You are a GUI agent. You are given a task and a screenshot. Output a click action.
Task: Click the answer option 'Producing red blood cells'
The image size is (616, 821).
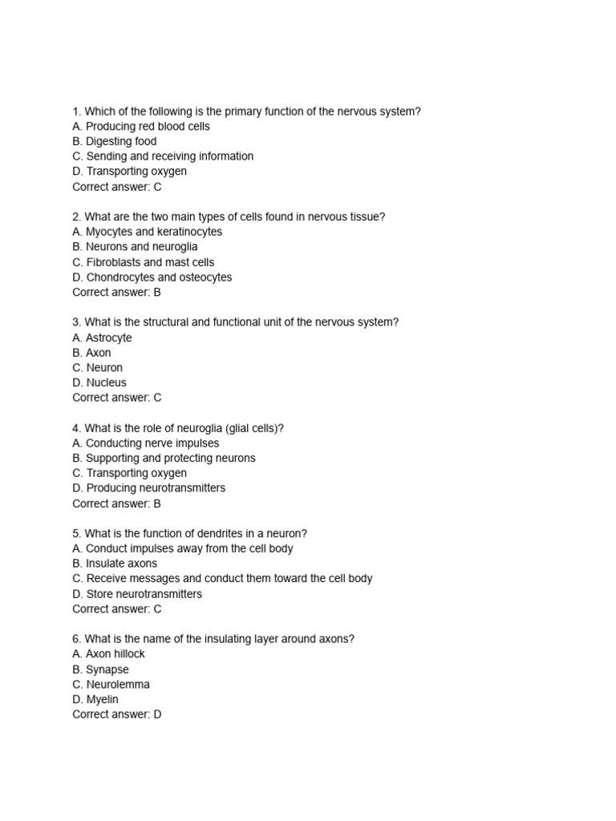tap(148, 127)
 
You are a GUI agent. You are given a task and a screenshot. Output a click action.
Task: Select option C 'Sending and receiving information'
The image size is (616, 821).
tap(169, 156)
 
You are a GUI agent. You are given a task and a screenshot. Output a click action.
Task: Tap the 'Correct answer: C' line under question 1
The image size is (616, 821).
tap(117, 187)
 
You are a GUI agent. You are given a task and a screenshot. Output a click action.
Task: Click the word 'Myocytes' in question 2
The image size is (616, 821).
tap(109, 232)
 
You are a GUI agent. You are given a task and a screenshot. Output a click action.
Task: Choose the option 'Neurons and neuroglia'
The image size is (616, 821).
tap(141, 247)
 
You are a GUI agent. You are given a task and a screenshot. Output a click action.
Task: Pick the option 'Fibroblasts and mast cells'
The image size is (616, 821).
tap(150, 262)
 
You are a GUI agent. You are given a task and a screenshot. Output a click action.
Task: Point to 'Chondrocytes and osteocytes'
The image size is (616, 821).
tap(159, 277)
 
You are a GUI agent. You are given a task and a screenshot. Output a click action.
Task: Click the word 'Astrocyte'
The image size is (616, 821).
tap(109, 338)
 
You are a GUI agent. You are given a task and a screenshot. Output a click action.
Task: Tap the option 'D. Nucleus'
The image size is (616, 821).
tap(99, 382)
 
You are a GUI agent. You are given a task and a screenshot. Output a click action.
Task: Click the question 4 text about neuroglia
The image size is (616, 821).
tap(178, 428)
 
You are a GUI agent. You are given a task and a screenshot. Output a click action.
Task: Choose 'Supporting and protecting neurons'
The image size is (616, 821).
tap(170, 458)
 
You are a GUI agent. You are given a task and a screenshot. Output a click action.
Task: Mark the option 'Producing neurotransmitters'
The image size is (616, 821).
tap(156, 488)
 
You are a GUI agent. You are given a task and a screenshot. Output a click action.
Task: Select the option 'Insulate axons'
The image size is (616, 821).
tap(121, 564)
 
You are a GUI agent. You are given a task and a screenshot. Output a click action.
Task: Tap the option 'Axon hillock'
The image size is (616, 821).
tap(115, 654)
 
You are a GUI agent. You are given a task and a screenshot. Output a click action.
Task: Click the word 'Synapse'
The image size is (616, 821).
tap(107, 669)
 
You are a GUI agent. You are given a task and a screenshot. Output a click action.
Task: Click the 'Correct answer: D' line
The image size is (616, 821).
tap(117, 714)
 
